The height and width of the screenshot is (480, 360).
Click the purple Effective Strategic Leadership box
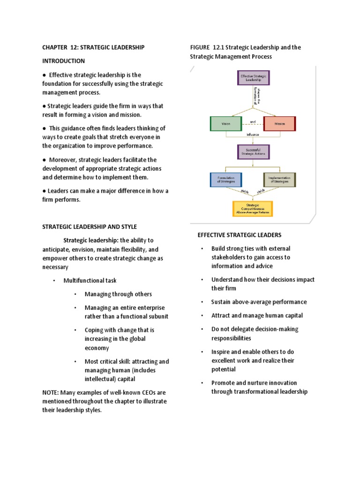(254, 78)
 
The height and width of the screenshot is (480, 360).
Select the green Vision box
(226, 124)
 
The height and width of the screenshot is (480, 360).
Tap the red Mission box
(280, 124)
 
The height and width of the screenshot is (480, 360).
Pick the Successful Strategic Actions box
(254, 152)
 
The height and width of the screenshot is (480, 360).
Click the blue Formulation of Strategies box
(226, 180)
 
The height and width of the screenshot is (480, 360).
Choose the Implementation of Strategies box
(279, 180)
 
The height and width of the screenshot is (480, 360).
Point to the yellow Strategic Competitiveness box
(253, 209)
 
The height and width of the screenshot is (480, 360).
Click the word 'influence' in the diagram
(253, 134)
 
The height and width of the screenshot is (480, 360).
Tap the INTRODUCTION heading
(64, 61)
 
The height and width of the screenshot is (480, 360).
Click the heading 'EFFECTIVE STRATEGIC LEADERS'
(239, 235)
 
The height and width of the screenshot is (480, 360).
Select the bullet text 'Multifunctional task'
(90, 280)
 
